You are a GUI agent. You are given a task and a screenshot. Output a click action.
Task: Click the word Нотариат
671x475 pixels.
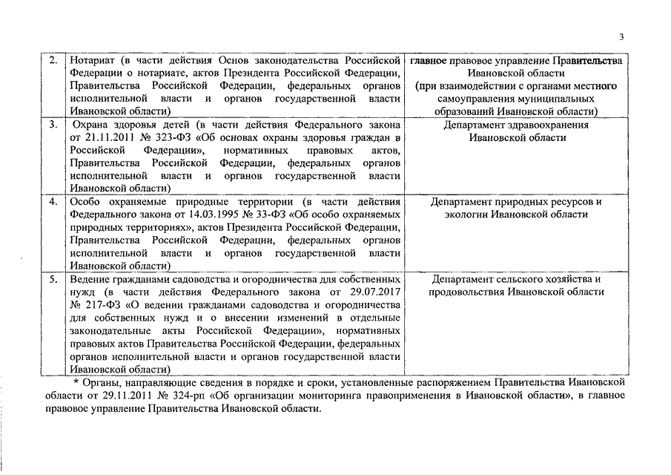93,59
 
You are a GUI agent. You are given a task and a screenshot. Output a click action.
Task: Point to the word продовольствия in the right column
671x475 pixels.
467,292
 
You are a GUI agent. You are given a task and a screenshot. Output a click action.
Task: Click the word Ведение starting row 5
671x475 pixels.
92,279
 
